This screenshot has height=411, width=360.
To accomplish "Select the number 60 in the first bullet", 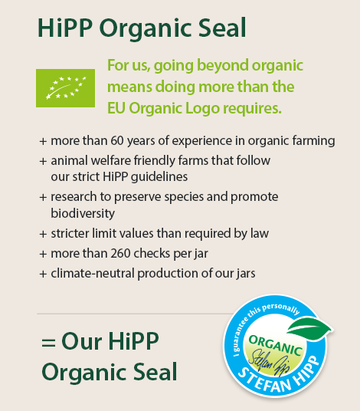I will click(x=117, y=141).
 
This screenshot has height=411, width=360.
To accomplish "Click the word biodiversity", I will click(x=83, y=212).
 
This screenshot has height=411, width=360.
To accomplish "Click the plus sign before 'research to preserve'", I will click(x=43, y=197).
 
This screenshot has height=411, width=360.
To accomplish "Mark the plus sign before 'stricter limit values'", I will click(x=43, y=233).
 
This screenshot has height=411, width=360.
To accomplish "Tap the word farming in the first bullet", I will click(x=316, y=141).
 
